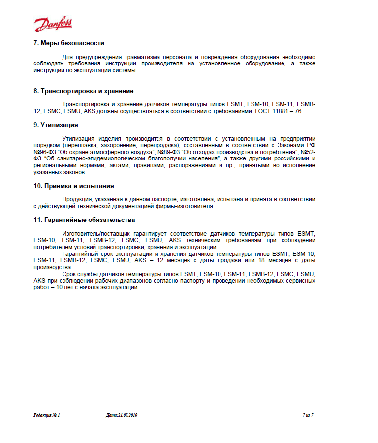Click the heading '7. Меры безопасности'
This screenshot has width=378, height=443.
pos(69,43)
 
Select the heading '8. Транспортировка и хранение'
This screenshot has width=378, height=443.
pos(84,91)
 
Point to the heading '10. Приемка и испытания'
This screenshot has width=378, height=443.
pos(74,186)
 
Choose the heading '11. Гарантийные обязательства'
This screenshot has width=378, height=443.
pos(84,220)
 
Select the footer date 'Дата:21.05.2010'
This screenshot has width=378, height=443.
pos(122,415)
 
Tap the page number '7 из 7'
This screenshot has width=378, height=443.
pos(308,415)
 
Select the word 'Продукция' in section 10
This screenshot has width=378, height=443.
pos(78,199)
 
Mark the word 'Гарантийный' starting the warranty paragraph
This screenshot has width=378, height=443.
pos(81,253)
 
